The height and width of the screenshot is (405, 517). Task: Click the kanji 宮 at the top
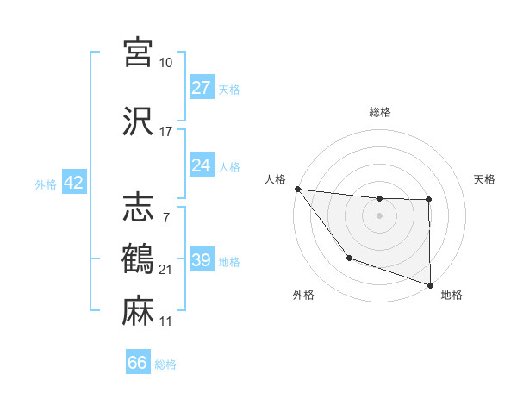coord(140,51)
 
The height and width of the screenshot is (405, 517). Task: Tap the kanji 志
coord(140,207)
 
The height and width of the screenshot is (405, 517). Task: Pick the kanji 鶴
coord(140,259)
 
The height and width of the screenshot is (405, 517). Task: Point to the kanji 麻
coord(140,309)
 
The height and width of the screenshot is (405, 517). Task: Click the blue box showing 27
coord(202,87)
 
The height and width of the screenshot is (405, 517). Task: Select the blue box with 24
coord(202,165)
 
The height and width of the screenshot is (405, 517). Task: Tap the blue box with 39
coord(202,260)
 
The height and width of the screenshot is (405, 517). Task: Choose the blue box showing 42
coord(73,183)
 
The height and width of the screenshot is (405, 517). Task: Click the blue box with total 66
coord(138,363)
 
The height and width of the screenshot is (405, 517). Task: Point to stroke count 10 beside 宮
coord(165,63)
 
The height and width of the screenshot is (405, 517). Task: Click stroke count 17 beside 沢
coord(165,132)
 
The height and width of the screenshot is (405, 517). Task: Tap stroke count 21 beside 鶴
coord(166,271)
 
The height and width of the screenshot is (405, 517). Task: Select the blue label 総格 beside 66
coord(166,364)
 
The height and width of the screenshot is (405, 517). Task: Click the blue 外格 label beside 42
coord(46,184)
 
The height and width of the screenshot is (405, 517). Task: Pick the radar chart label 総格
coord(379,112)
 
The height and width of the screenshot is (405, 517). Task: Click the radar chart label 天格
coord(485,179)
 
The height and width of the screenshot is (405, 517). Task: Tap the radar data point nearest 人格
coord(297,189)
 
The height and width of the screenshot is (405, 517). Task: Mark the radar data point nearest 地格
coord(428,284)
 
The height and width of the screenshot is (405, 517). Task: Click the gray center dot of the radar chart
coord(379,215)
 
